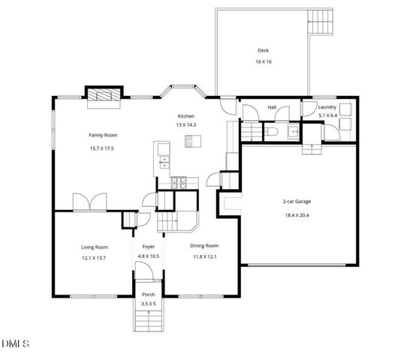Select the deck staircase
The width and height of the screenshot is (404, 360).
[320, 22]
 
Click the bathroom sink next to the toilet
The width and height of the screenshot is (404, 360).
[293, 131]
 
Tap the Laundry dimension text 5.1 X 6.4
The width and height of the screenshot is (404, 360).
[327, 115]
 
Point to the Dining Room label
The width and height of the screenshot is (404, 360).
[204, 246]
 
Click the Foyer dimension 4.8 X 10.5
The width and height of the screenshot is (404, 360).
[148, 256]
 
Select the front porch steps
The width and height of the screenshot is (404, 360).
[149, 320]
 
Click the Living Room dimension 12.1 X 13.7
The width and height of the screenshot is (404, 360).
[95, 257]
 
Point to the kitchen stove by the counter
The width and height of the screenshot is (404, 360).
[178, 181]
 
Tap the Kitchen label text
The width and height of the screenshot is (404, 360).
[185, 116]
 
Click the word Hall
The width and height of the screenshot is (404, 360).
[272, 108]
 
